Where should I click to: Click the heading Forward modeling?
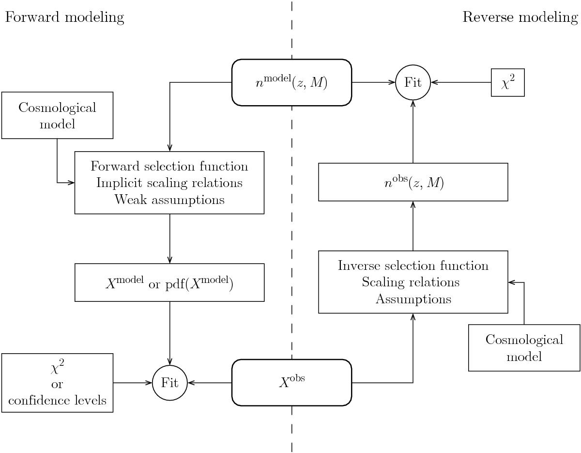coord(64,18)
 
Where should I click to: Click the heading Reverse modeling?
coord(520,18)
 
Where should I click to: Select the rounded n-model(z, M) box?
coord(291,82)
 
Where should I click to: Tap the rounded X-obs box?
coord(291,382)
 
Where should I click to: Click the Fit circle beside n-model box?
coord(413,82)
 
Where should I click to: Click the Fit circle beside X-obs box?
coord(169,382)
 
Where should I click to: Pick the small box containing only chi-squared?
coord(508,82)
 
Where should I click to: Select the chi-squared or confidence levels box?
coord(57,383)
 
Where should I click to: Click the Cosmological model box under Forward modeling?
coord(57,115)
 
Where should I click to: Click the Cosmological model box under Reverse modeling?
coord(524,348)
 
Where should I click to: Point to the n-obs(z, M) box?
coord(413,182)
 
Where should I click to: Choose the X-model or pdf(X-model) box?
coord(169,282)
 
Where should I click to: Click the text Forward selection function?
coord(169,167)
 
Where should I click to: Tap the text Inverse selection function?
coord(413,266)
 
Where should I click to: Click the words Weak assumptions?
coord(169,200)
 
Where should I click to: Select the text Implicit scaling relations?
coord(169,183)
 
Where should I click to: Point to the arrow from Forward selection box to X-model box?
coord(169,238)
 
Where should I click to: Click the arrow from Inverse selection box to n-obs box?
coord(413,226)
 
